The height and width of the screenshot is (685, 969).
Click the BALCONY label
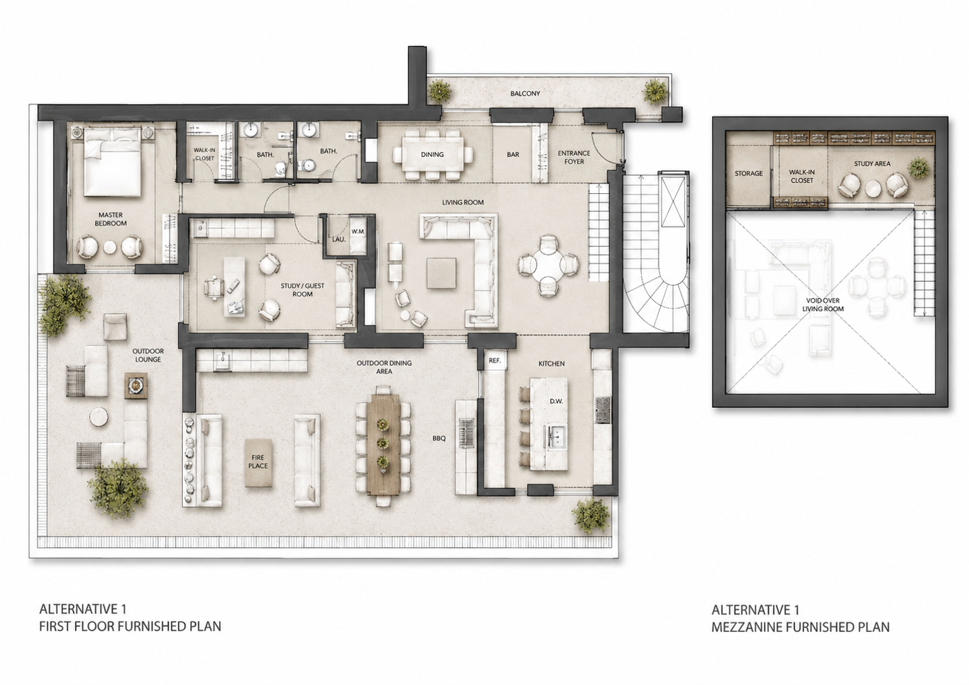point(525,94)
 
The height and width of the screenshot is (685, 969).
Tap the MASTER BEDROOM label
point(110,219)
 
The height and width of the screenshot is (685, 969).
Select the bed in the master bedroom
point(112,162)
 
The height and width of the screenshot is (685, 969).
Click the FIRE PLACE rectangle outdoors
point(258,463)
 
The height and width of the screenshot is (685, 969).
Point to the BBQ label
point(439,438)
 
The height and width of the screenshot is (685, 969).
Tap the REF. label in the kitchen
point(494,360)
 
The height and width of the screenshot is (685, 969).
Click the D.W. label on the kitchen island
point(556,401)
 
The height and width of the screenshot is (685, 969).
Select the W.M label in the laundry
point(358,231)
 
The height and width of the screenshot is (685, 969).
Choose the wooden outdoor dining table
point(384,445)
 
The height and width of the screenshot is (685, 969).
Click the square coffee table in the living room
point(441,273)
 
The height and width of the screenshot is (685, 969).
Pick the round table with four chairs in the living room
point(548,264)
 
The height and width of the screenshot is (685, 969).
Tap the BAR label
point(513,154)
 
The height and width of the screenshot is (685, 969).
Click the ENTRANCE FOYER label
point(574,157)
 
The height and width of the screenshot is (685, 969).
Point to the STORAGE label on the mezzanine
point(748,174)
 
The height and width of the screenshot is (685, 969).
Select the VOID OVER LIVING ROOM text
point(823,304)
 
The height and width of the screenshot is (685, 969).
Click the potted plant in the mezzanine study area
point(918,168)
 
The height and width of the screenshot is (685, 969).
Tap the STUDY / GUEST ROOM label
point(302,290)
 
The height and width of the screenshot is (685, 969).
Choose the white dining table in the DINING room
point(433,154)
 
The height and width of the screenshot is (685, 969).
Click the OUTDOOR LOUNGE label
point(148,355)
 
